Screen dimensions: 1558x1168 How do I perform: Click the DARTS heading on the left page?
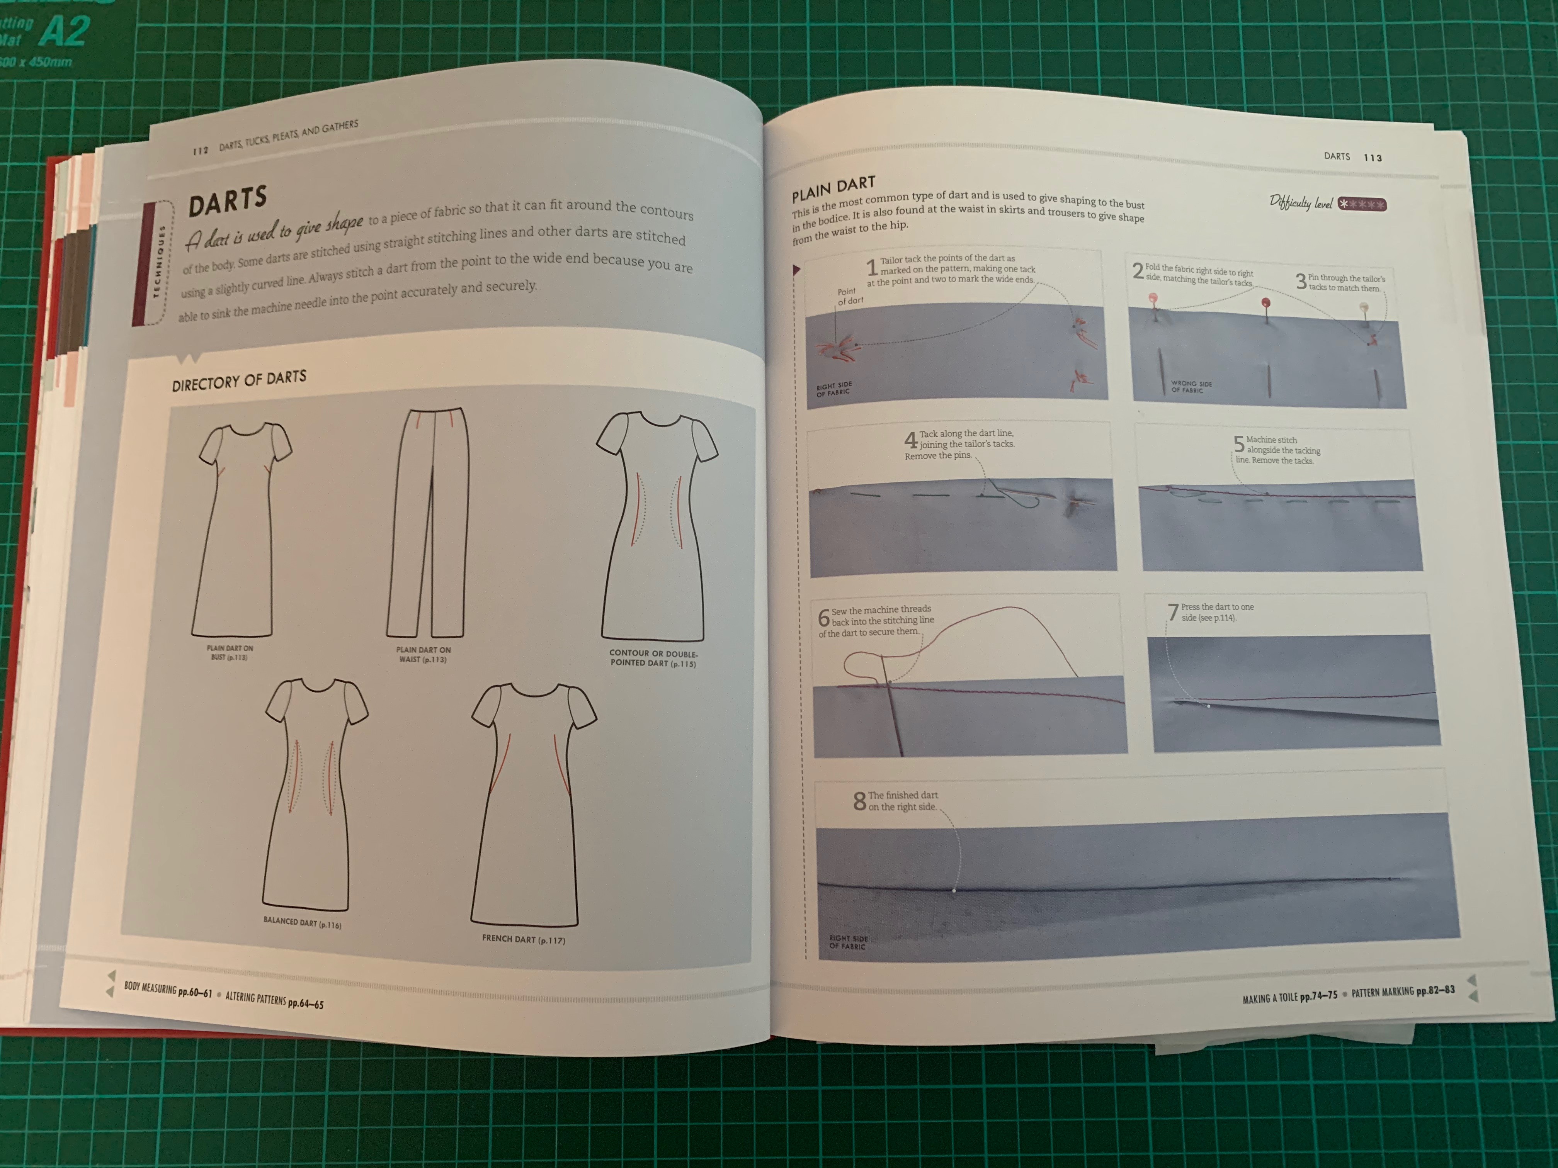228,200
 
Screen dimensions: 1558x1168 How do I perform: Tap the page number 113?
1373,158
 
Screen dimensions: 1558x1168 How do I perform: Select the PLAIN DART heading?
833,189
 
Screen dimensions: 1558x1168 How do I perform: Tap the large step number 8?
859,801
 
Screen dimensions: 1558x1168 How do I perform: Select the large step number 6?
823,618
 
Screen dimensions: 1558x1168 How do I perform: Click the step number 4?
910,441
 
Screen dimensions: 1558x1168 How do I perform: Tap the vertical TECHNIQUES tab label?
161,262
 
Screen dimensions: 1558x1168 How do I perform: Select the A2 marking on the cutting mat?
65,32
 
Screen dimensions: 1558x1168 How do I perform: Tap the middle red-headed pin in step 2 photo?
1266,304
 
